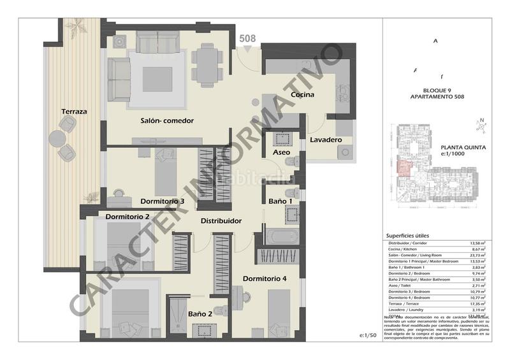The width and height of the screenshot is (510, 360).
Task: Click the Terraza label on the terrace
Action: (x=74, y=112)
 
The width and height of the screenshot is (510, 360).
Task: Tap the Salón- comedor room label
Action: (x=167, y=120)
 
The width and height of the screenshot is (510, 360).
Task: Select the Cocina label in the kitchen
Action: (x=304, y=95)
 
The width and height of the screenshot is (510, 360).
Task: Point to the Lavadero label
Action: (x=326, y=140)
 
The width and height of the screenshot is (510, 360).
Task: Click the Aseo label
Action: (x=282, y=154)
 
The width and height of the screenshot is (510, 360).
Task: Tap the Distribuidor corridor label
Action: (x=221, y=221)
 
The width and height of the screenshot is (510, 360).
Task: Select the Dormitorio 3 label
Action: (x=163, y=201)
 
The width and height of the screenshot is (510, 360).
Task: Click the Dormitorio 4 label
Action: (x=265, y=278)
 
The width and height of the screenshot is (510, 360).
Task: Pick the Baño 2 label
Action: (x=201, y=313)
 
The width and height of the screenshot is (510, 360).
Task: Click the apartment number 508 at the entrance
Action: (x=248, y=38)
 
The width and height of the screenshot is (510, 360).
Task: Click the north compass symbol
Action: (x=483, y=125)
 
